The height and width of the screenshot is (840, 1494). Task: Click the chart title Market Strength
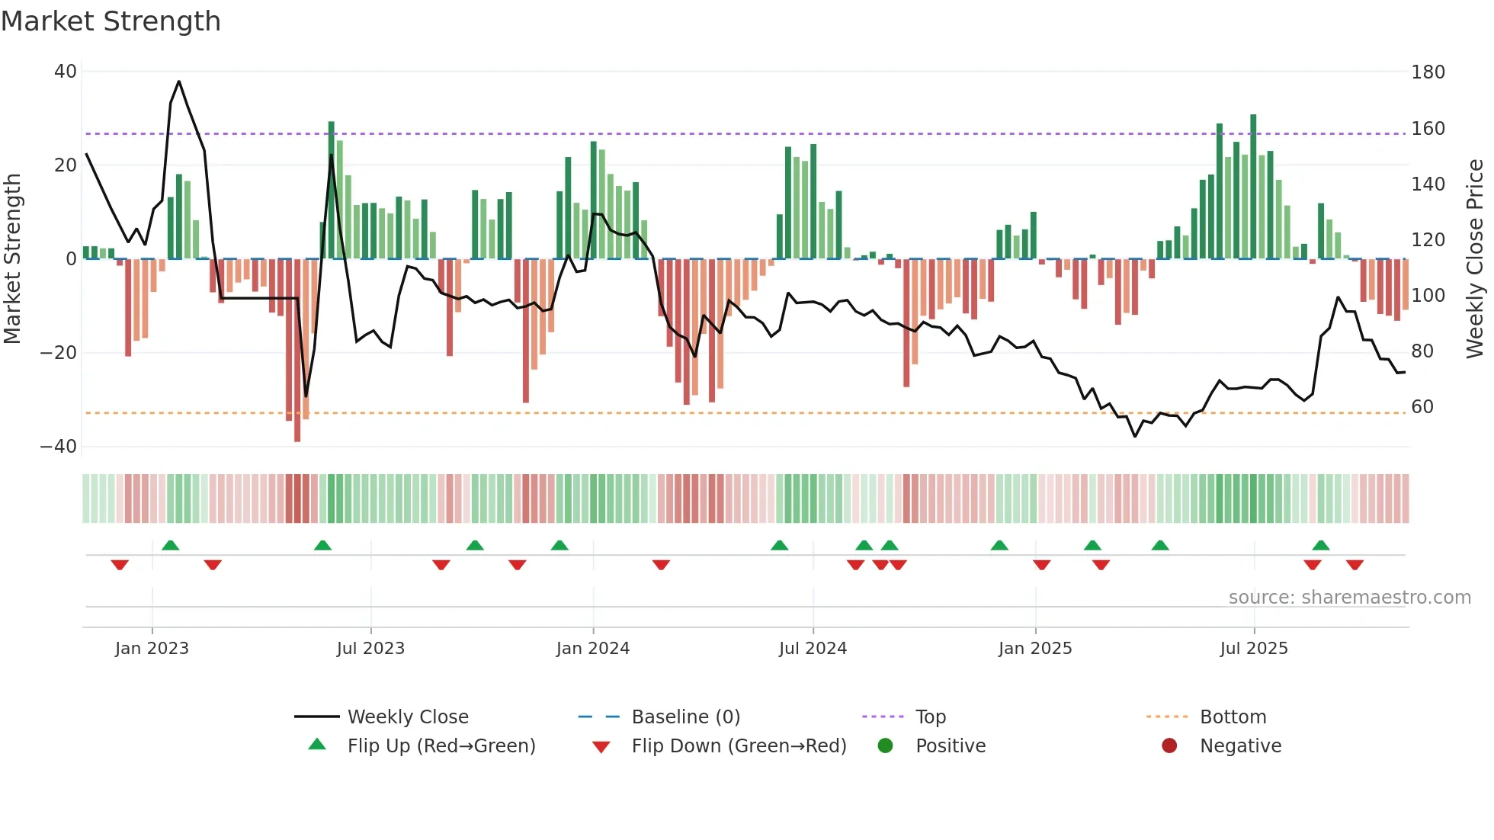(x=111, y=21)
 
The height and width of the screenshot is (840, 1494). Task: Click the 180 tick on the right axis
(x=1427, y=72)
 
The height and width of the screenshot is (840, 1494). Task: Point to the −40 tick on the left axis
(x=59, y=447)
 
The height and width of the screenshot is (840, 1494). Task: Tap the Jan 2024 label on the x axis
(x=592, y=649)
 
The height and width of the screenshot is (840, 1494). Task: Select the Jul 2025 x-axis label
(x=1253, y=649)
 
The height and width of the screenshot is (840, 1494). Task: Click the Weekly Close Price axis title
(x=1474, y=259)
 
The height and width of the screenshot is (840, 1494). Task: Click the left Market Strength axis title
(x=13, y=259)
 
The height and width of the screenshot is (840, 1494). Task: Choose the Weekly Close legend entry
(x=407, y=717)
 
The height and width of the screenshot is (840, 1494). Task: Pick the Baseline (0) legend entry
(x=685, y=717)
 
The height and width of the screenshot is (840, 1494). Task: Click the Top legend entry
(x=930, y=717)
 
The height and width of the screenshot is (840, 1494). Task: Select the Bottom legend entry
(x=1232, y=717)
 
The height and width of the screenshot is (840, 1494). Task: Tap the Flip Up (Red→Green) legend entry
(x=441, y=746)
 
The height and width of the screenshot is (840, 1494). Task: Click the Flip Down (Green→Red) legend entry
(x=738, y=746)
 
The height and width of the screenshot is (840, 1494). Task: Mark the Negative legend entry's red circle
(x=1169, y=745)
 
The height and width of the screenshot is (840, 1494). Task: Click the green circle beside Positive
(x=885, y=745)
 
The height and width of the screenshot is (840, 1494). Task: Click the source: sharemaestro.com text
(x=1349, y=598)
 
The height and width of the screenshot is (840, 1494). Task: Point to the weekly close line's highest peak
(x=179, y=82)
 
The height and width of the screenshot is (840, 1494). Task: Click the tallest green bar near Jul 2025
(x=1253, y=187)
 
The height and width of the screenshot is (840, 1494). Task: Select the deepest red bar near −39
(x=297, y=351)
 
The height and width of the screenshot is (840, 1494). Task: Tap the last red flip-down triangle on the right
(x=1355, y=565)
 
